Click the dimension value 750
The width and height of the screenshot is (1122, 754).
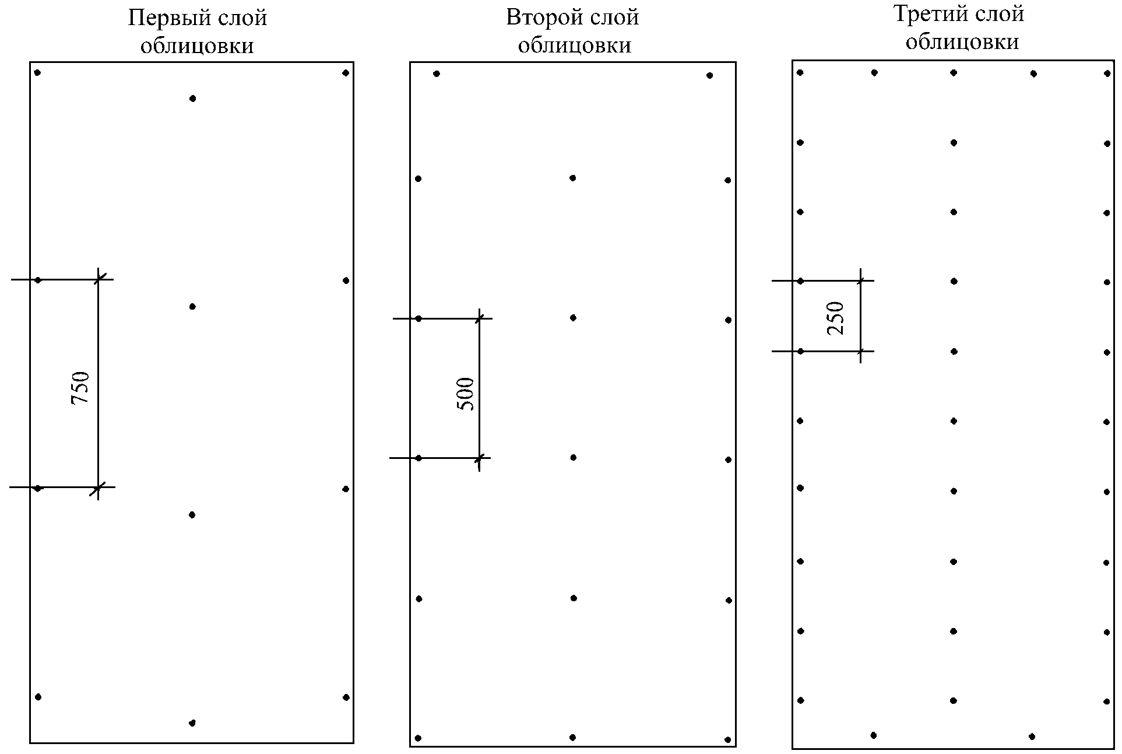pos(80,388)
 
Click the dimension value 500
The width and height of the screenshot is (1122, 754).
pos(466,394)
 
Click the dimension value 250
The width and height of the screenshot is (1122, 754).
pos(836,317)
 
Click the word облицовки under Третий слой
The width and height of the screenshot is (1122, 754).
pos(962,42)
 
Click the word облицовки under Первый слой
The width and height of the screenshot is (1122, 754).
pos(197,45)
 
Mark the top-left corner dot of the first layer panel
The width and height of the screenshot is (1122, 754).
pos(37,73)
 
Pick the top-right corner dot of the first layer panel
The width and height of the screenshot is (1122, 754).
pos(346,73)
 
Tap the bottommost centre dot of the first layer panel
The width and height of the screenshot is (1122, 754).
pos(192,723)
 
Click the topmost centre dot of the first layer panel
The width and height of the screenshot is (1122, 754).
pos(192,99)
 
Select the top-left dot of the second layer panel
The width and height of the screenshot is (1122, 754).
pos(437,73)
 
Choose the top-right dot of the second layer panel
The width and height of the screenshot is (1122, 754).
pos(709,75)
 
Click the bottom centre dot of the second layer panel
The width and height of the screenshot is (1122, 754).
pos(572,738)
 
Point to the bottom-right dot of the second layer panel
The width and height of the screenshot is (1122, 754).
pos(727,739)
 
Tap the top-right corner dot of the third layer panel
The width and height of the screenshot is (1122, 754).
pos(1107,73)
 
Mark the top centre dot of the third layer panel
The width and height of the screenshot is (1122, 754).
pos(954,73)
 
